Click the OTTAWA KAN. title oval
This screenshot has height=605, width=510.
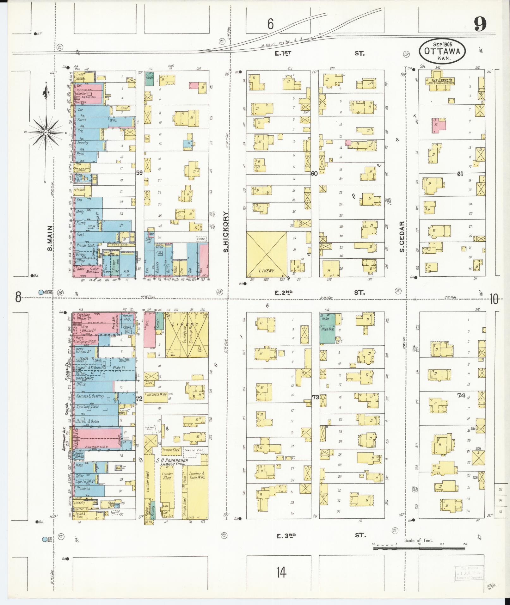pos(442,51)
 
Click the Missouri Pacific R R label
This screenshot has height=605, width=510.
pos(282,42)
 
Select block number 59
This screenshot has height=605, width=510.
pos(139,173)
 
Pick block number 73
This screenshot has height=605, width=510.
pos(315,397)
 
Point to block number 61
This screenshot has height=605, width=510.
pos(460,174)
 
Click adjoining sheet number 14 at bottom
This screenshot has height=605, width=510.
pos(281,572)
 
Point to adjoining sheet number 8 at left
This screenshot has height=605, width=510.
pos(18,297)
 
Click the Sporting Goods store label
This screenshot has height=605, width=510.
pos(87,406)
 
